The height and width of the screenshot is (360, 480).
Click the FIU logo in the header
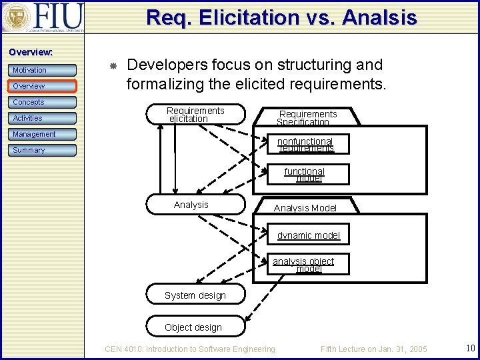(43, 17)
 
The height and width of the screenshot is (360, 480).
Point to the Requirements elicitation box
(196, 115)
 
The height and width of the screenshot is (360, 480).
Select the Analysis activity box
(196, 205)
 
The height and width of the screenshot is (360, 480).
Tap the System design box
(195, 295)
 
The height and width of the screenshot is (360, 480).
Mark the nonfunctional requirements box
(305, 145)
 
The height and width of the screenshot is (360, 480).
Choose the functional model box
(305, 175)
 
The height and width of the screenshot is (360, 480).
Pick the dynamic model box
(309, 235)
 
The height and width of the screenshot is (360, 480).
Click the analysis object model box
(304, 265)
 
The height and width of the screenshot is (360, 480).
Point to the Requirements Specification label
(307, 118)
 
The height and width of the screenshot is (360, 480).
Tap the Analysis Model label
(305, 208)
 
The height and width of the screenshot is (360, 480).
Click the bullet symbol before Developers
(113, 66)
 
